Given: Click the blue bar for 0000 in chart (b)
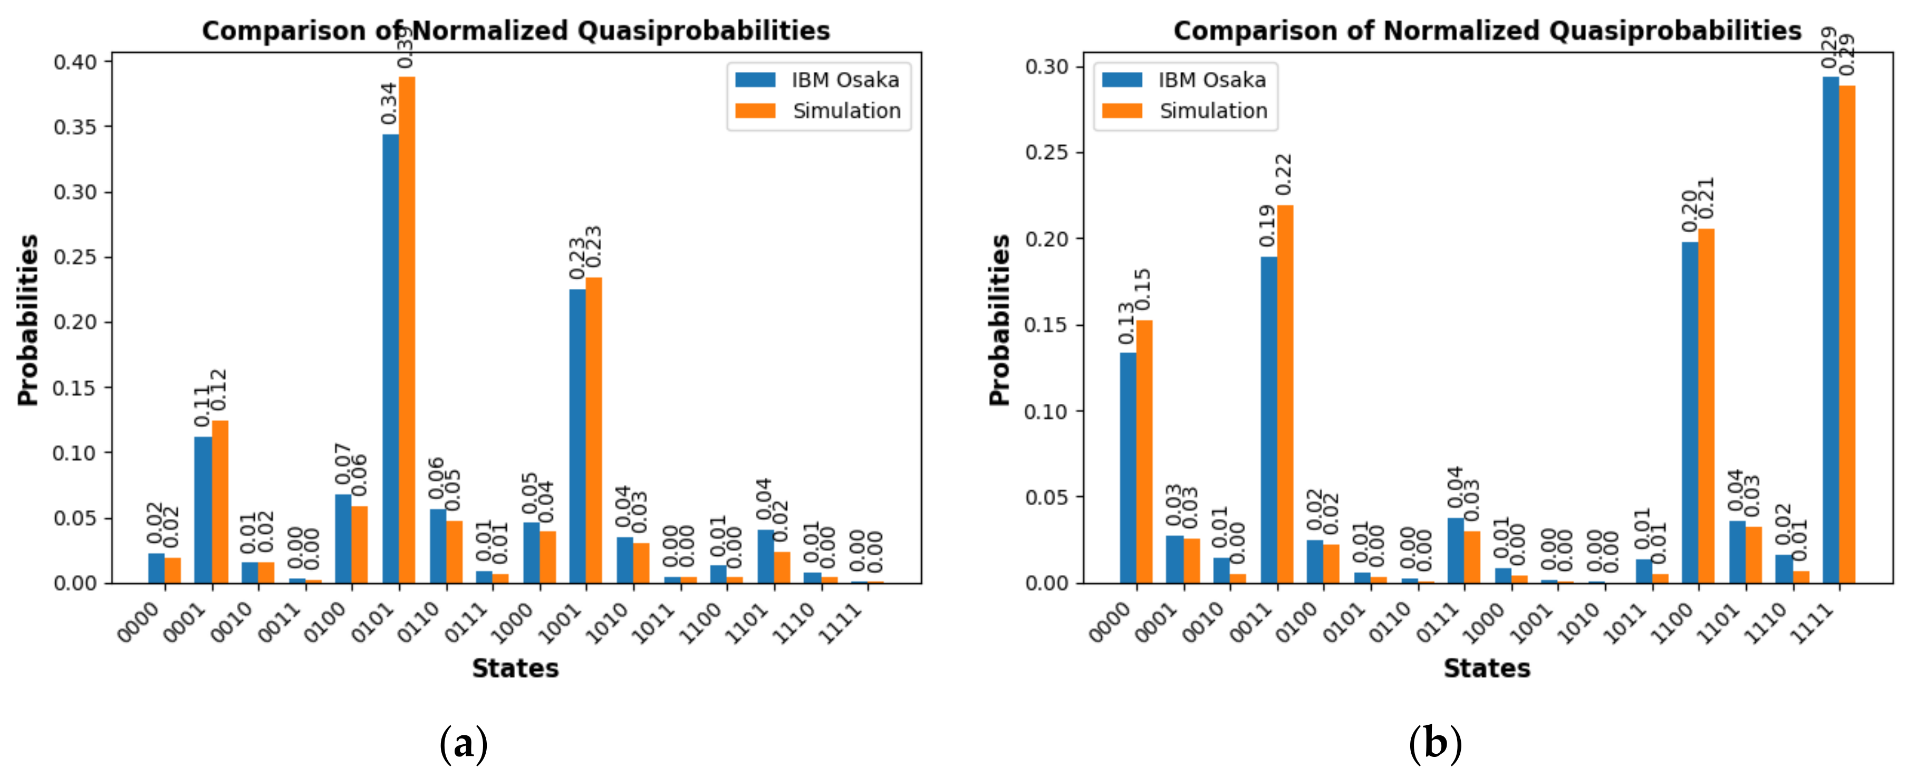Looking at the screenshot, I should (1128, 467).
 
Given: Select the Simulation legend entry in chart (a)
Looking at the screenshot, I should (818, 111).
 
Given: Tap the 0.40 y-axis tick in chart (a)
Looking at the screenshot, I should (75, 62).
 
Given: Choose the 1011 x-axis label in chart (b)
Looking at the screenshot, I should (1624, 622).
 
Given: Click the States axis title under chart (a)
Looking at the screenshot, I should (515, 668).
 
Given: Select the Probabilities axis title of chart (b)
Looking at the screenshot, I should (999, 320).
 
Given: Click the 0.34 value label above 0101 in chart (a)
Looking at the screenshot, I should (389, 103).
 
